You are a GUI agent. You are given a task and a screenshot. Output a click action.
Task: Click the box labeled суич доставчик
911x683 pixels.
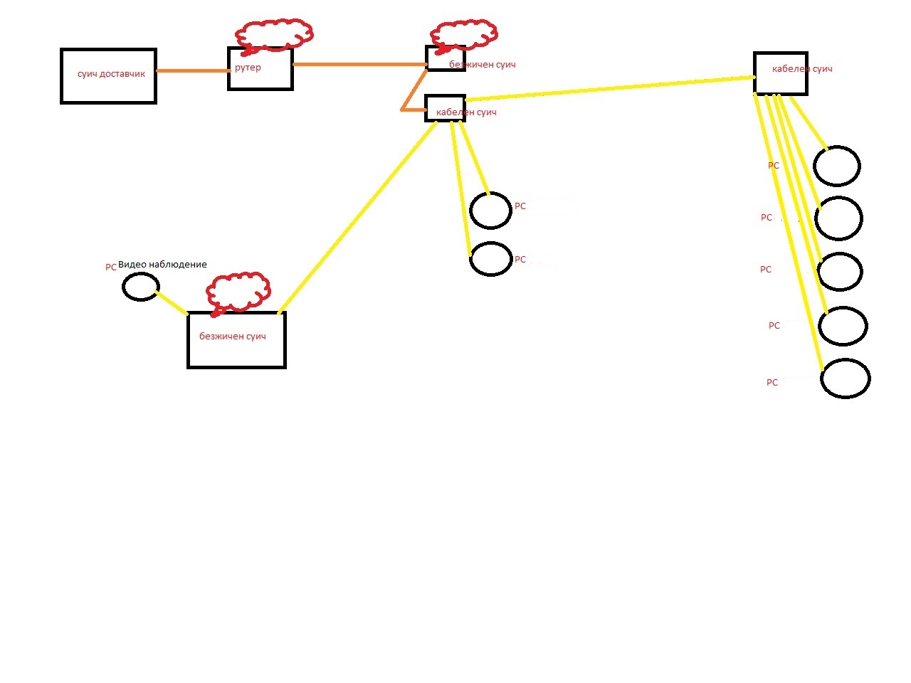point(108,76)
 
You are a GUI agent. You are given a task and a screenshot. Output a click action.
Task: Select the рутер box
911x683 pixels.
point(260,69)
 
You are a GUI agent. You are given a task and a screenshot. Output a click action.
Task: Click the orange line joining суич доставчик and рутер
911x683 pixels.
point(191,70)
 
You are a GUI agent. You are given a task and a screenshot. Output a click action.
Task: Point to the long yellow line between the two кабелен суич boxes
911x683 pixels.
point(610,88)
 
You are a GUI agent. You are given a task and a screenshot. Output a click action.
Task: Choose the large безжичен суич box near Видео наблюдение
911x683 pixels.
point(236,340)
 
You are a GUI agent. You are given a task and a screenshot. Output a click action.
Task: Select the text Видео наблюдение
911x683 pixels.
point(162,265)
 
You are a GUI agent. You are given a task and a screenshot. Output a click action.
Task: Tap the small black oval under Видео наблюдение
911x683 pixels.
point(140,287)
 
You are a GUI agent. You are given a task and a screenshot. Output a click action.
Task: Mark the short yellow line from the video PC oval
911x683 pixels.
point(172,302)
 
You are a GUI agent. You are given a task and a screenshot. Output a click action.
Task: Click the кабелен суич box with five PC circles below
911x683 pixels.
point(780,73)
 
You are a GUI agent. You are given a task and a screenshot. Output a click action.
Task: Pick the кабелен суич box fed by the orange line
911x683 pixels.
point(445,108)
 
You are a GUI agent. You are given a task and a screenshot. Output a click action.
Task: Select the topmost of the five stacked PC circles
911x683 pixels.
point(837,166)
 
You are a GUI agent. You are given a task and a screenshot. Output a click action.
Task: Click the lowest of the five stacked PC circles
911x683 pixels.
point(846,378)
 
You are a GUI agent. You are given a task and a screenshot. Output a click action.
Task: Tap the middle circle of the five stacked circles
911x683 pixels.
point(840,272)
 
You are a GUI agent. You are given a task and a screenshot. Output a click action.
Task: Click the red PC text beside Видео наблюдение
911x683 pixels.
point(111,268)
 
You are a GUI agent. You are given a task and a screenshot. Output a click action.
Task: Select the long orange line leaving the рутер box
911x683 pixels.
point(359,64)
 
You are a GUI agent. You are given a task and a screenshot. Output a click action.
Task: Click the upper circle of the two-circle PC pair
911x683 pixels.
point(490,211)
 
